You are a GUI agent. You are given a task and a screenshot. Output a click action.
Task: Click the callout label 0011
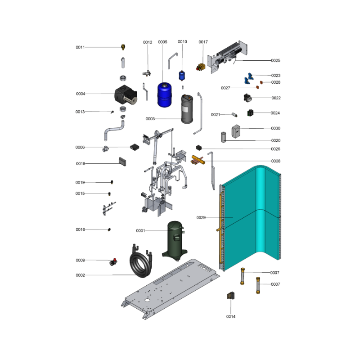80,47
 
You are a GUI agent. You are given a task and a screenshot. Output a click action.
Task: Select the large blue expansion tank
164,94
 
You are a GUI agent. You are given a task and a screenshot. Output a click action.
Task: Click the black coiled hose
141,262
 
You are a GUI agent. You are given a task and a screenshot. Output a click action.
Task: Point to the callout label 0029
201,218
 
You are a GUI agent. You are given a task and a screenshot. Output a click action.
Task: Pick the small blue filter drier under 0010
182,76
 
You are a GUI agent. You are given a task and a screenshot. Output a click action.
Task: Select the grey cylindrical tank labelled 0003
187,109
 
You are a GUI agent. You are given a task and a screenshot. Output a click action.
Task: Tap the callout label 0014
231,317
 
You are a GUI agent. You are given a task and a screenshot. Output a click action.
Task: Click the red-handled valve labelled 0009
113,262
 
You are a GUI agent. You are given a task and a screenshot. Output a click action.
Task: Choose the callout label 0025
275,61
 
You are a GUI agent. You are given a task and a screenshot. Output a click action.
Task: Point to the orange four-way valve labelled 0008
198,160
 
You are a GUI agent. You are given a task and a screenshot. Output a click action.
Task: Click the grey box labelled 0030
236,131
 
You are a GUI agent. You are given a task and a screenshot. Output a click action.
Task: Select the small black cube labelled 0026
199,148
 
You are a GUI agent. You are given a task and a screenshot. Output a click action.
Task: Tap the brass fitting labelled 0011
123,47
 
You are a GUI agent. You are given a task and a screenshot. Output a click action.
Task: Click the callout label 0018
81,164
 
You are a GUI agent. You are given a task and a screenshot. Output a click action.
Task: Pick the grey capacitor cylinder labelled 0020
224,137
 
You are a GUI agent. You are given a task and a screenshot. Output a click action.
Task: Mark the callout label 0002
81,275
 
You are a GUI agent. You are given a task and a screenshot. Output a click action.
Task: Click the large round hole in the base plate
147,300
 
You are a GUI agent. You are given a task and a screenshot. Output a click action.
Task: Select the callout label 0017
203,42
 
